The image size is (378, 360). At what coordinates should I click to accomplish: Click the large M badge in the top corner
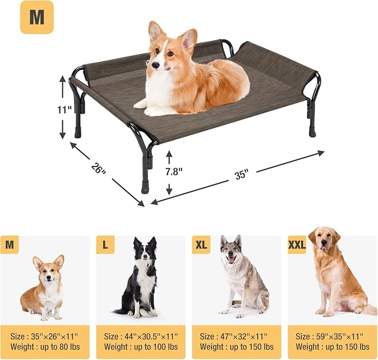(x=37, y=17)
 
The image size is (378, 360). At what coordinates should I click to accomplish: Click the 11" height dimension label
(x=65, y=109)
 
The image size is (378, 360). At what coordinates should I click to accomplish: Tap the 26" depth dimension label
(x=98, y=167)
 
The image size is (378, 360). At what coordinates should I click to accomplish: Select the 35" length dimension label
(x=240, y=174)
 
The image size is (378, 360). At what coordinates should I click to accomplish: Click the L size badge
(x=105, y=244)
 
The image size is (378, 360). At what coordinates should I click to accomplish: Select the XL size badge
(x=202, y=244)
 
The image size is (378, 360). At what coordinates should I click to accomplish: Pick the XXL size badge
(x=297, y=244)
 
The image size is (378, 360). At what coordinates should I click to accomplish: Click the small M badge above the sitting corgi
(x=9, y=244)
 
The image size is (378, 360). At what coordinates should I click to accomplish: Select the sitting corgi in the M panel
(x=45, y=287)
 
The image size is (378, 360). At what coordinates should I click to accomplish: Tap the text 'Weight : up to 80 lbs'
(x=45, y=347)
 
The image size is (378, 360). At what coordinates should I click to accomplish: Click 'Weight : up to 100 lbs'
(x=140, y=347)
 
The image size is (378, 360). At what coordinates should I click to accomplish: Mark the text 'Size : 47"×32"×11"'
(x=234, y=336)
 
